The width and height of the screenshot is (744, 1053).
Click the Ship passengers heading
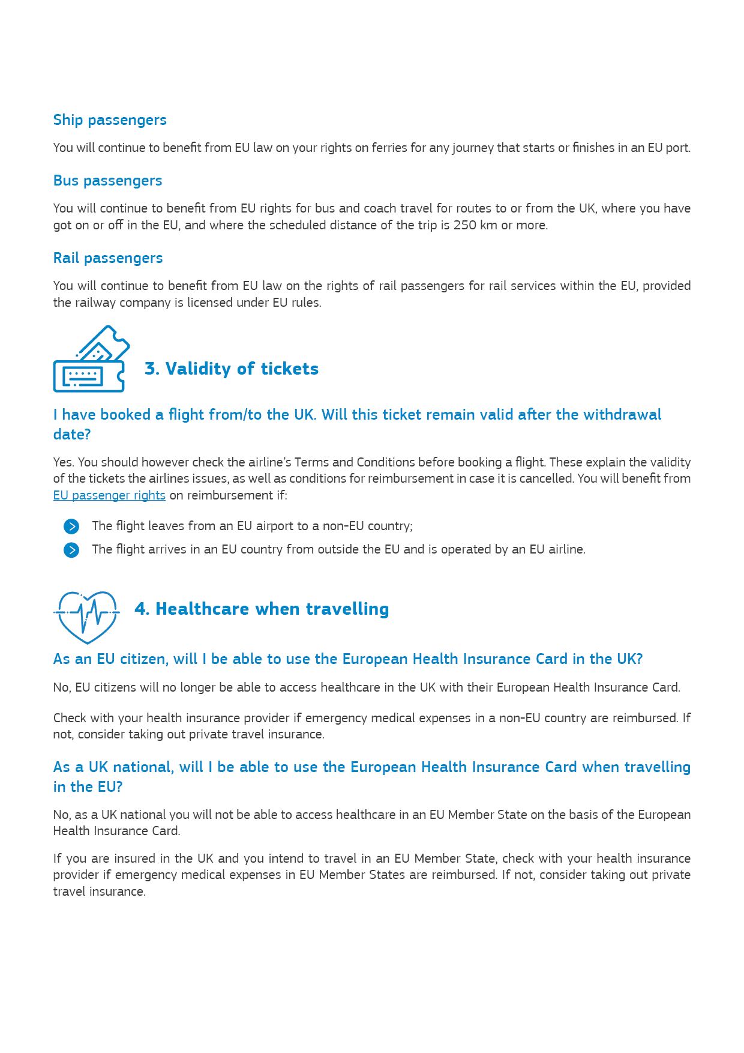[110, 120]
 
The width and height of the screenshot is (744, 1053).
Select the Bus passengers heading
[107, 181]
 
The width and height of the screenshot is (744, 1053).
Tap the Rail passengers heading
[108, 258]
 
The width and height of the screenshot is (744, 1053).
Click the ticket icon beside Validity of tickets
[91, 359]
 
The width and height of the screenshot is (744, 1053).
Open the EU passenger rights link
[109, 495]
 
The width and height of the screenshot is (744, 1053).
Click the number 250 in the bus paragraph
[465, 225]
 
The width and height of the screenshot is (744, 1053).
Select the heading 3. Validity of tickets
[232, 369]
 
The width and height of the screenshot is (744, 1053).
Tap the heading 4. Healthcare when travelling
[262, 609]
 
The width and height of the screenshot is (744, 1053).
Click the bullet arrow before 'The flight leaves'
[71, 526]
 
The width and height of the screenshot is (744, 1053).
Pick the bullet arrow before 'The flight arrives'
[71, 550]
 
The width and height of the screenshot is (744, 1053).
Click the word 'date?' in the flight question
[72, 435]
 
